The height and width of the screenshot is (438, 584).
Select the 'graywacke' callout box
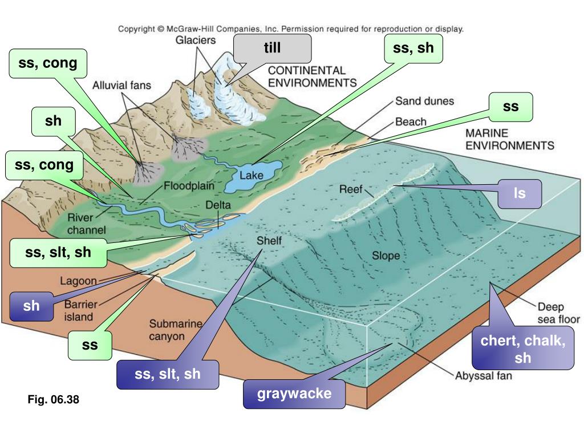(x=294, y=394)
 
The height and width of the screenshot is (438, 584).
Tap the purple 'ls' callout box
(x=520, y=194)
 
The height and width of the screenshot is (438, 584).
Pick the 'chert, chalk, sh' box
(x=523, y=350)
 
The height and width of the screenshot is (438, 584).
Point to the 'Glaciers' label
(x=196, y=40)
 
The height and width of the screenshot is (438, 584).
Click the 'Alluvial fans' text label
(x=122, y=86)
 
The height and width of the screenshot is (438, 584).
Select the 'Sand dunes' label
(x=424, y=102)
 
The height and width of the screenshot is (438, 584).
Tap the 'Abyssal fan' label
(x=483, y=376)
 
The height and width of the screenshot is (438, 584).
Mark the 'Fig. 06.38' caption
(x=53, y=400)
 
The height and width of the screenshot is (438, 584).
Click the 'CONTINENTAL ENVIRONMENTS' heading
(x=313, y=76)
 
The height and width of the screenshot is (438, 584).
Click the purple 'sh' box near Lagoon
(x=32, y=306)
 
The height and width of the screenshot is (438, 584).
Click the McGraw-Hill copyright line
(x=291, y=28)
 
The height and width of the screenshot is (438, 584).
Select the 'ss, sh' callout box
(x=413, y=49)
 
